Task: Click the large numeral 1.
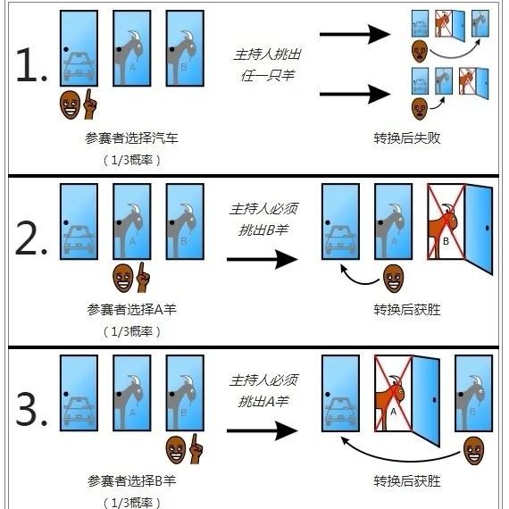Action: [x=28, y=65]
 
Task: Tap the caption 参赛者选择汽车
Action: [x=132, y=138]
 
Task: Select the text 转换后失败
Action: [x=407, y=138]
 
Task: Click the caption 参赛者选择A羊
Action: [x=132, y=309]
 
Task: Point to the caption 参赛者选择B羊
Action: [x=132, y=480]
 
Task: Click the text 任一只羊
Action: [x=268, y=76]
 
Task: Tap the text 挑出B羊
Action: [x=263, y=230]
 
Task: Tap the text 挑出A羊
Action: [x=263, y=402]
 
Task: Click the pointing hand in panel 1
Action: [x=90, y=104]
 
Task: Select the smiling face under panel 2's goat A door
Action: [x=122, y=278]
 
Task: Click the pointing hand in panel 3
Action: [x=196, y=449]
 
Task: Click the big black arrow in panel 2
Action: [x=263, y=259]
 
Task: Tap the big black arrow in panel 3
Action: [x=263, y=430]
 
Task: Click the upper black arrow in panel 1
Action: [x=355, y=34]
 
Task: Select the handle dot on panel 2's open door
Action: [x=488, y=229]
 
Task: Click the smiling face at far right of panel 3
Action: [x=474, y=451]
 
